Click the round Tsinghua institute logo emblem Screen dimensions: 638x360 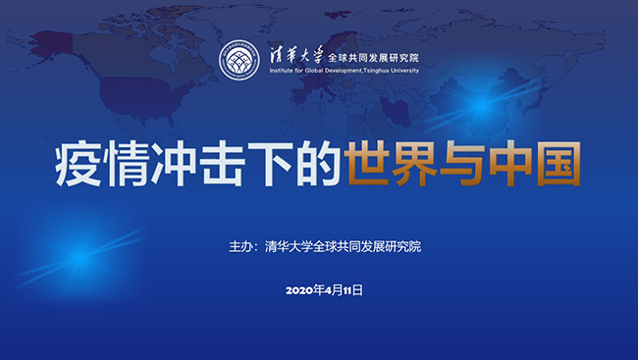(x=239, y=60)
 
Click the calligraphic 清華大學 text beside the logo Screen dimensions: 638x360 (x=296, y=55)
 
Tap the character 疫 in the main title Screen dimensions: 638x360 (x=79, y=165)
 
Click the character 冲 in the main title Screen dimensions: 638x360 (x=174, y=165)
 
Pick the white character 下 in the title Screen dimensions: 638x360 (x=270, y=165)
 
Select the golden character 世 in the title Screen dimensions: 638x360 (x=367, y=164)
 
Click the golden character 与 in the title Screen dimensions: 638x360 (x=462, y=164)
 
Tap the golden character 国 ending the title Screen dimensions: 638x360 (x=558, y=164)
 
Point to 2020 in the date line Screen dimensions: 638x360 (x=300, y=290)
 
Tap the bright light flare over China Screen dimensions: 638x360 (x=482, y=105)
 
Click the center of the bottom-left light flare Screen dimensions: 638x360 (x=80, y=258)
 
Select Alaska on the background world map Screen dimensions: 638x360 (x=50, y=46)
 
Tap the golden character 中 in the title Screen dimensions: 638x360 (x=510, y=164)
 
